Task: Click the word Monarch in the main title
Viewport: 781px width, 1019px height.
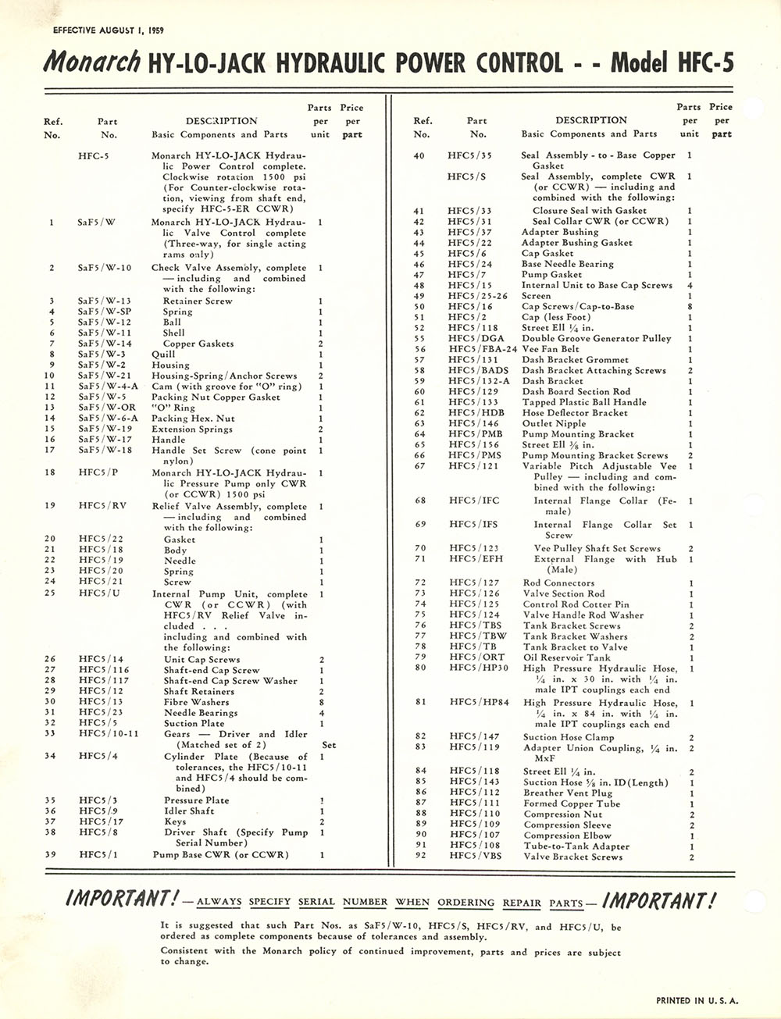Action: [92, 62]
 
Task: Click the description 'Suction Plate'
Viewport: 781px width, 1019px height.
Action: [194, 723]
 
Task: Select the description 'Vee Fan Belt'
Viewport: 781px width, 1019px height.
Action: [551, 349]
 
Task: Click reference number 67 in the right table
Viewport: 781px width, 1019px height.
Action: [420, 466]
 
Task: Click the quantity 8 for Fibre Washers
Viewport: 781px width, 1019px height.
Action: [322, 702]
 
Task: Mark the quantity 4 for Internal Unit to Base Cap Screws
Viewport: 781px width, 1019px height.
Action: [691, 285]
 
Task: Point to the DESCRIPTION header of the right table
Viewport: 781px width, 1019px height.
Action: [591, 120]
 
